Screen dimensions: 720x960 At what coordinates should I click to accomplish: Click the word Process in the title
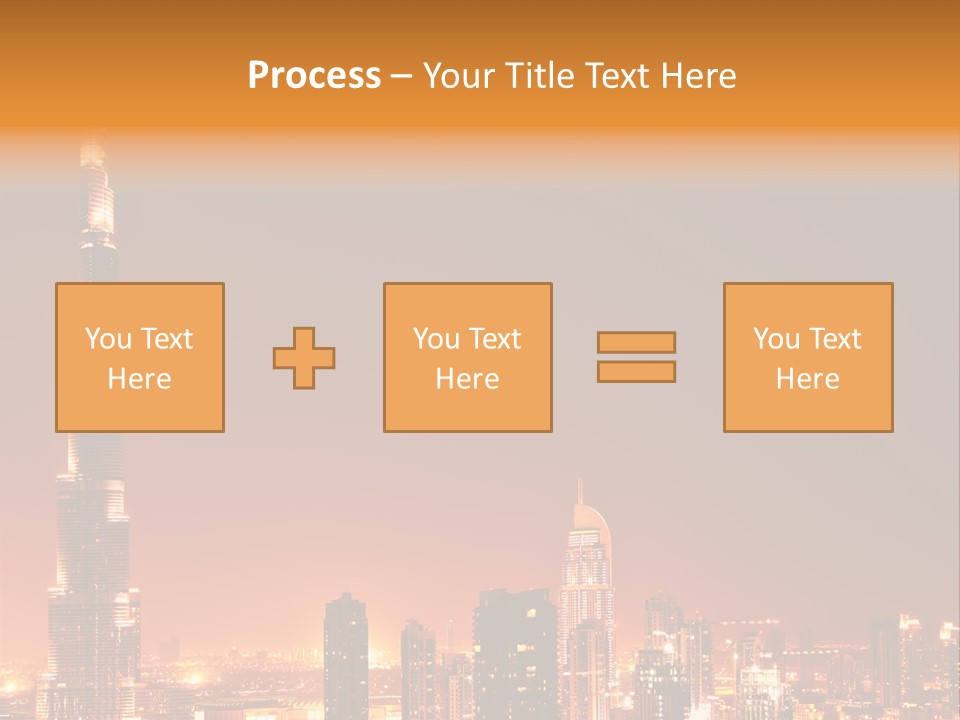[x=314, y=76]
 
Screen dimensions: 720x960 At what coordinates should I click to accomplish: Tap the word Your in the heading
[x=461, y=76]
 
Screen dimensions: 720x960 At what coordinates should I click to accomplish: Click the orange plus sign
[x=304, y=358]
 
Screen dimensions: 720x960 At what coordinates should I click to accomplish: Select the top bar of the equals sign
[x=636, y=342]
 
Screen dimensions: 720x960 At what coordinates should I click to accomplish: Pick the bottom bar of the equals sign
[x=636, y=372]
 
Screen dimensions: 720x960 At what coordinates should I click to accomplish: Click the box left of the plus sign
[x=140, y=300]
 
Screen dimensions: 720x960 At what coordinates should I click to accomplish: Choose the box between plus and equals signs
[x=467, y=300]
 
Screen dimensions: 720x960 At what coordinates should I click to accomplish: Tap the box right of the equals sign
[x=808, y=300]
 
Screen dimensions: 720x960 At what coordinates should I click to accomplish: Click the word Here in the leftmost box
[x=139, y=379]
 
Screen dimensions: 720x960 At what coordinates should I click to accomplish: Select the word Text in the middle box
[x=495, y=339]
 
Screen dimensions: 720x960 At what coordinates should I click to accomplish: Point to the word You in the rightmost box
[x=776, y=339]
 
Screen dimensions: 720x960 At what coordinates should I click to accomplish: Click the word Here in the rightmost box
[x=807, y=379]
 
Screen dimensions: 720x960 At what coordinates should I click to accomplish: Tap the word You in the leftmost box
[x=108, y=339]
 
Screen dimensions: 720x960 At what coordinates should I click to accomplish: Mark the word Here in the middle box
[x=467, y=379]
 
